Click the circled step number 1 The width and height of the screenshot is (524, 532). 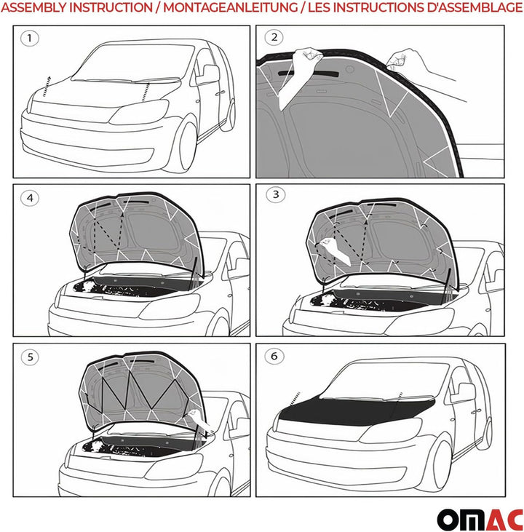[29, 39]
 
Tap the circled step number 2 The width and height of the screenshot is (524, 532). [274, 38]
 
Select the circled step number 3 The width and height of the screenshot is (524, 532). [274, 195]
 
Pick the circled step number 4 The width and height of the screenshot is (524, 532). [29, 196]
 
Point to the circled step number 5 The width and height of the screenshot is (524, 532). [29, 357]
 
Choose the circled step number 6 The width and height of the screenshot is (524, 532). [274, 357]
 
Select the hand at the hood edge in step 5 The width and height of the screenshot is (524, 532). [199, 418]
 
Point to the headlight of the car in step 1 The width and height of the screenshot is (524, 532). [138, 113]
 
